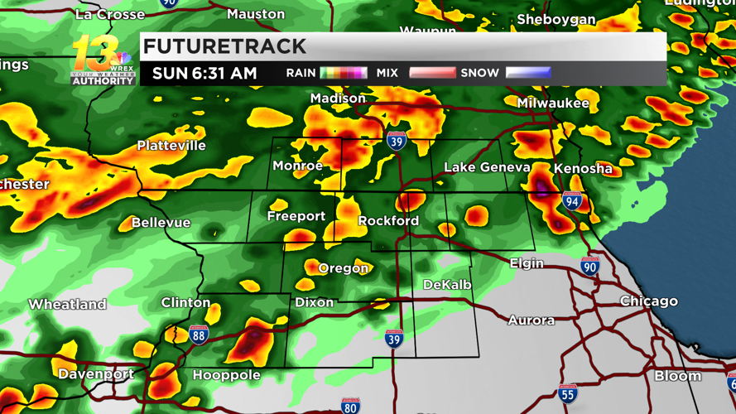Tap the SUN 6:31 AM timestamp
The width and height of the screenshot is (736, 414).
(x=204, y=73)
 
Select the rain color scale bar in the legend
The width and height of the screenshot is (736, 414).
(x=344, y=73)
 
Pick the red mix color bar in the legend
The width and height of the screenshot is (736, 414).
(x=432, y=73)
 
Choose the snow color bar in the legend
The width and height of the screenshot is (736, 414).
(x=528, y=73)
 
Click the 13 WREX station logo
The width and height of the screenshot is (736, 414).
(x=102, y=60)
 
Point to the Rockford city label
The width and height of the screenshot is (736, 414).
(x=388, y=221)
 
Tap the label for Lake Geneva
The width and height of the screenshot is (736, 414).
(x=487, y=167)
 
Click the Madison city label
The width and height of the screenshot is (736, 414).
(x=338, y=99)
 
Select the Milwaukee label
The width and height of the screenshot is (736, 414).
(x=553, y=103)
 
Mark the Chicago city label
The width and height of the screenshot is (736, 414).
(x=648, y=301)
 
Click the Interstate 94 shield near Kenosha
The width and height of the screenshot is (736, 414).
(x=572, y=200)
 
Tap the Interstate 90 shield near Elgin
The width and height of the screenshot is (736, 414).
(x=589, y=267)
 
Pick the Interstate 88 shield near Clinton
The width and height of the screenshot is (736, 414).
(x=199, y=334)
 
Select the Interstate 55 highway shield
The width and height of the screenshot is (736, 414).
(x=567, y=393)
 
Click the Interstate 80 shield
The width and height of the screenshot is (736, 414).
(x=351, y=405)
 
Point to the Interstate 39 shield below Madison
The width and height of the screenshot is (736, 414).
(x=397, y=141)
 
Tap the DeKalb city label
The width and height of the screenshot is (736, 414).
(x=447, y=285)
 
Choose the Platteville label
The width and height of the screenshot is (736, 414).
(x=171, y=146)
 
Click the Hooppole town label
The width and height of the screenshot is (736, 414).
(x=226, y=375)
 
